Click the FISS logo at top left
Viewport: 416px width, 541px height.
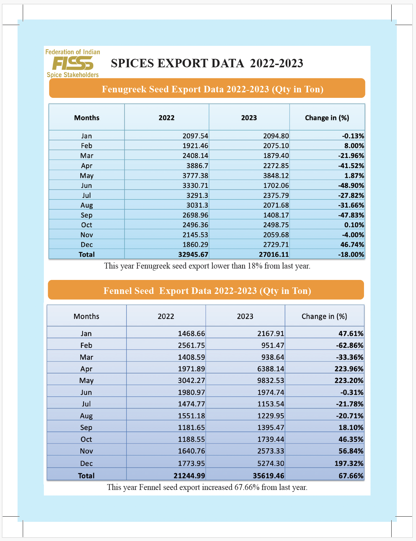tap(73, 63)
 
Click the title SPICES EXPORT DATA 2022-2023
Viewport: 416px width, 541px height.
tap(207, 63)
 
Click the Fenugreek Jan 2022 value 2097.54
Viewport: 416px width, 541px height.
tap(195, 136)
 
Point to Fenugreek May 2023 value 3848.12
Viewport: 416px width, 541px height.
tap(276, 176)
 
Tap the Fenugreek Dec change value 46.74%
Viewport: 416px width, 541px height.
tap(352, 244)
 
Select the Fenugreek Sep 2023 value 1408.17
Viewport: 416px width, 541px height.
tap(276, 215)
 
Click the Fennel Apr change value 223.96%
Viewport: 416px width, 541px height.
tap(349, 369)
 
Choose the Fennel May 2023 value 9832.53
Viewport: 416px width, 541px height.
tap(270, 380)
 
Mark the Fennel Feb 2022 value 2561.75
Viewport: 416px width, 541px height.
tap(191, 345)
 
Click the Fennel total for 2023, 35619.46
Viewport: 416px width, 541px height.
tap(268, 476)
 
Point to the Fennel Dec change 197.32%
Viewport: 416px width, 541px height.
tap(349, 463)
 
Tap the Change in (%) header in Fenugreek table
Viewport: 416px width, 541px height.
tap(327, 118)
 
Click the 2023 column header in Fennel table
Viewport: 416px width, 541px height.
tap(245, 316)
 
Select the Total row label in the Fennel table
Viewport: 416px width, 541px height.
tap(86, 476)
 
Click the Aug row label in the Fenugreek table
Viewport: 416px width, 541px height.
tap(86, 205)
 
